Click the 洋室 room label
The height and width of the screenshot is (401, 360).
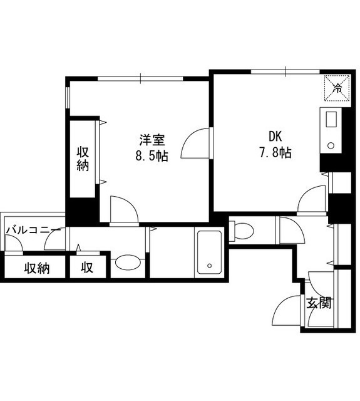pyautogui.click(x=152, y=140)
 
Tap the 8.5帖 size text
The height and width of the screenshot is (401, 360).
pyautogui.click(x=152, y=156)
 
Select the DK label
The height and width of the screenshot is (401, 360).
pyautogui.click(x=275, y=137)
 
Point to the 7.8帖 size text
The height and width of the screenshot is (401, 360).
pyautogui.click(x=275, y=153)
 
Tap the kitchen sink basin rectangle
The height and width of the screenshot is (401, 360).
pyautogui.click(x=331, y=119)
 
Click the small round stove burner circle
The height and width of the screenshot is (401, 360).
pyautogui.click(x=331, y=146)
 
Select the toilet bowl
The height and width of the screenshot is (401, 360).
pyautogui.click(x=244, y=231)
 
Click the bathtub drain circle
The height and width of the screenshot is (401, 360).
pyautogui.click(x=210, y=266)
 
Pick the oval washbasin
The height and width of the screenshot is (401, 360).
pyautogui.click(x=128, y=262)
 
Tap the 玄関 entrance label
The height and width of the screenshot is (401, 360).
pyautogui.click(x=319, y=303)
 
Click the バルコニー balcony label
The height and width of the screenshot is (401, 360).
pyautogui.click(x=33, y=230)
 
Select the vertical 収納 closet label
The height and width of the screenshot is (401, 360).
pyautogui.click(x=83, y=159)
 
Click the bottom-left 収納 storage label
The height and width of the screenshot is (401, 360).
pyautogui.click(x=37, y=268)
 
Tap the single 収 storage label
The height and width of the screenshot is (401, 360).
pyautogui.click(x=87, y=268)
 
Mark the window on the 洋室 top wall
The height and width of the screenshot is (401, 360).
pyautogui.click(x=140, y=78)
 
